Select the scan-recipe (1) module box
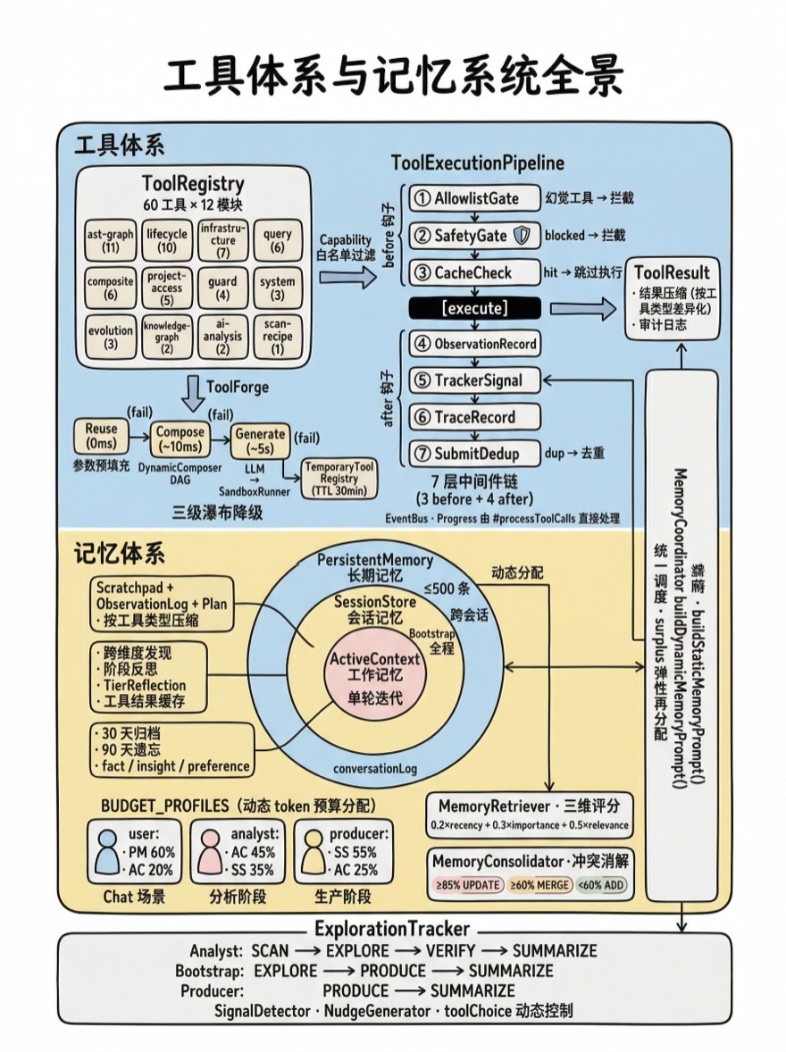[x=278, y=337]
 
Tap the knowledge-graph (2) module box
[x=167, y=337]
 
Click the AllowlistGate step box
[x=475, y=198]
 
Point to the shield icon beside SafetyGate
[x=524, y=236]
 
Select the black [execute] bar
[x=475, y=308]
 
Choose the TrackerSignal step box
[x=475, y=380]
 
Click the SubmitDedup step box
[x=475, y=453]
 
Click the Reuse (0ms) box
[x=102, y=435]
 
